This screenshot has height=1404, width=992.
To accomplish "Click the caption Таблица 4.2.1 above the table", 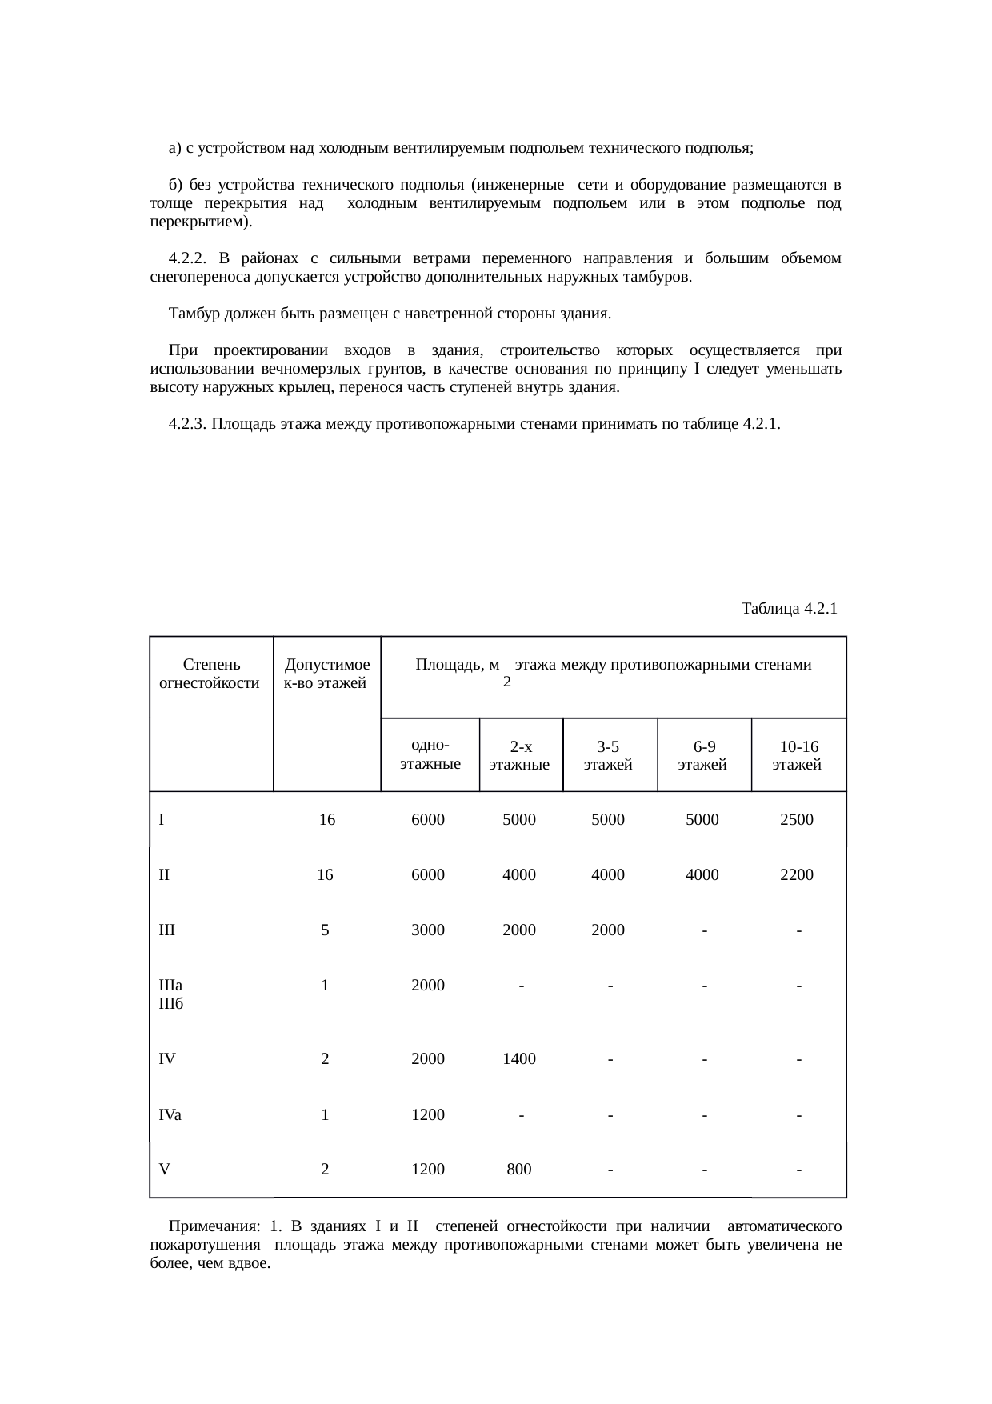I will coord(789,608).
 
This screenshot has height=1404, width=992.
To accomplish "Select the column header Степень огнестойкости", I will coord(210,674).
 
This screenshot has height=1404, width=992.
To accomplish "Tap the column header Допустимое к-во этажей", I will coord(327,674).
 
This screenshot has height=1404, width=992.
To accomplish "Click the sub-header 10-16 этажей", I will coord(798,755).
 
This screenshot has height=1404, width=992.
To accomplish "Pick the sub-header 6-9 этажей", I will coord(703,755).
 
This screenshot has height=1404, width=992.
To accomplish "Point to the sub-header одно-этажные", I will coord(430,754).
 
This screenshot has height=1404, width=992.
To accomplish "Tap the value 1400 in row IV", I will coord(519,1059).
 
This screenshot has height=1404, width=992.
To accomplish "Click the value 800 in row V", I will coord(519,1170).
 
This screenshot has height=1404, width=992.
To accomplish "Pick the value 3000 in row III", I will coord(427,930).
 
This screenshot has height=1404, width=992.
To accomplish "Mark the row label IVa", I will coord(170,1114).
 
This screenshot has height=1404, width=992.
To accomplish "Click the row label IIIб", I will coord(171,1003).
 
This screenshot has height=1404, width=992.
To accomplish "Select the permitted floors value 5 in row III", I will coord(325,930).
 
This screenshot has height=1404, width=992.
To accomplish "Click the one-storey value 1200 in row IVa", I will coord(427,1114).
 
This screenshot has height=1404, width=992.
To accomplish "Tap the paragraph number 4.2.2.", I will coord(189,258).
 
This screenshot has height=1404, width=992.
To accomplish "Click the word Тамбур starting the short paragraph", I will coord(192,314).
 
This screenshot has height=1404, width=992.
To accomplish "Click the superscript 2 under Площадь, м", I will coord(506,682).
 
